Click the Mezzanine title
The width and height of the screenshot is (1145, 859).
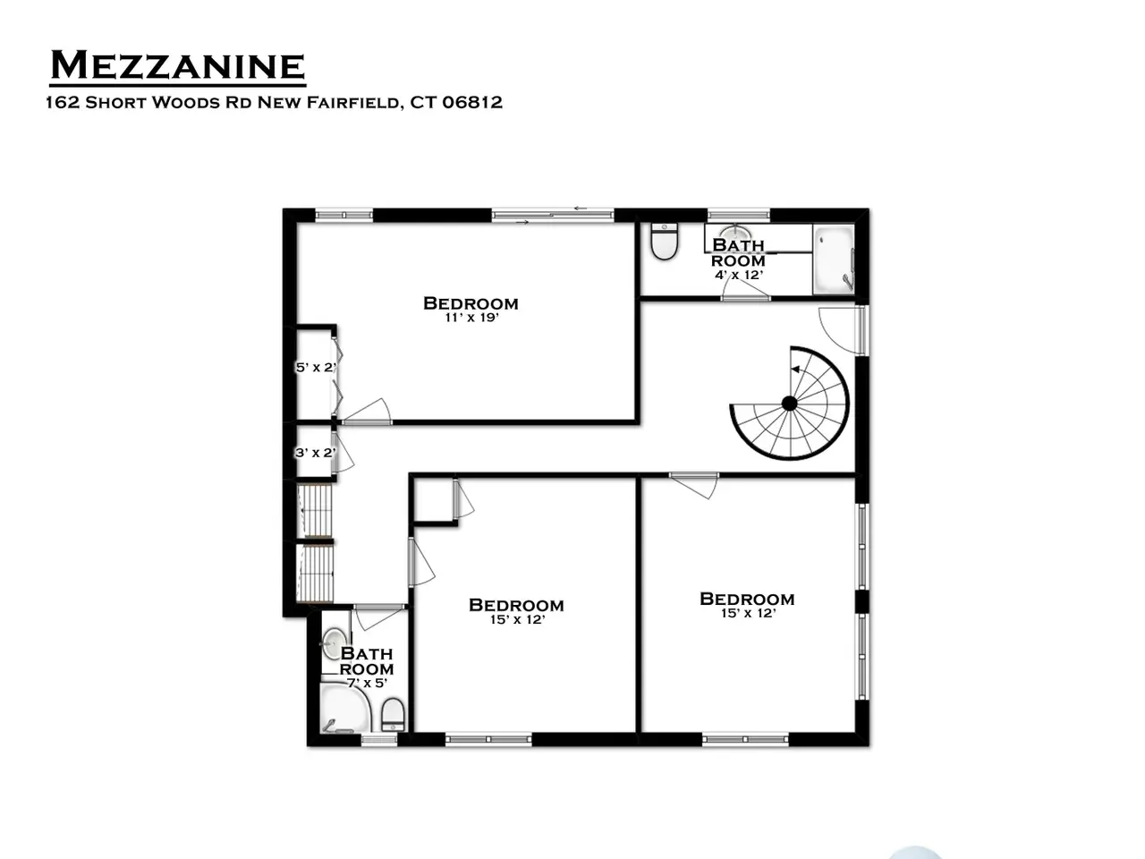[x=177, y=65]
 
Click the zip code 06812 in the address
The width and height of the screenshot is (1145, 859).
[x=472, y=102]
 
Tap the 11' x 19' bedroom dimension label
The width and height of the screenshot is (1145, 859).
[x=472, y=317]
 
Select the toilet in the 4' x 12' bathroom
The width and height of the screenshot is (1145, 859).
[x=665, y=242]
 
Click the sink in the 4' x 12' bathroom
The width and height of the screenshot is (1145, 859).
[x=735, y=233]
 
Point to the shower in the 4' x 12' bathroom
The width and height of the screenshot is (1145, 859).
[x=834, y=259]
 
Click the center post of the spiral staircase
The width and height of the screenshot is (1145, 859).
[x=789, y=404]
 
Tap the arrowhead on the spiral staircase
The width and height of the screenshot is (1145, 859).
[x=796, y=370]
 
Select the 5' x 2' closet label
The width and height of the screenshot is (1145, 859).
[x=316, y=367]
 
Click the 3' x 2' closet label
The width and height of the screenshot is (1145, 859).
[x=315, y=453]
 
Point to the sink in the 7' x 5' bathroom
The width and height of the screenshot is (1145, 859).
[x=333, y=643]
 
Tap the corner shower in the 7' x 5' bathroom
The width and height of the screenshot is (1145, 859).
[x=344, y=709]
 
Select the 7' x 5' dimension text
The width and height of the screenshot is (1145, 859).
[x=368, y=683]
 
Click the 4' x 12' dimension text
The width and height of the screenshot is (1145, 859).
[x=739, y=275]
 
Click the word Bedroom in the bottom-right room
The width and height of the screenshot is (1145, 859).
[x=747, y=599]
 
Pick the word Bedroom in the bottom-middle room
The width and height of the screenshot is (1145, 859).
[x=516, y=605]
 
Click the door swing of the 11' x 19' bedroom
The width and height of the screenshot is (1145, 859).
[x=367, y=412]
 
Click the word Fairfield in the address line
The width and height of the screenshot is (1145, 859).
[x=354, y=102]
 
